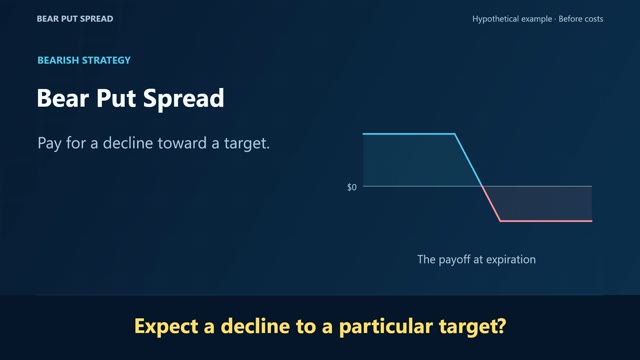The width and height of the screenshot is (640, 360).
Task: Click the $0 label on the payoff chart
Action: click(x=351, y=187)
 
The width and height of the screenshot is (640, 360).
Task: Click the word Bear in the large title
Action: click(x=63, y=98)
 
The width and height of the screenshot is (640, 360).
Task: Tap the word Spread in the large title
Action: click(x=184, y=99)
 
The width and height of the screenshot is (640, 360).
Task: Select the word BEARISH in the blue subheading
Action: click(x=58, y=60)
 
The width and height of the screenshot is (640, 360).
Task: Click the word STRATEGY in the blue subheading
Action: click(x=106, y=60)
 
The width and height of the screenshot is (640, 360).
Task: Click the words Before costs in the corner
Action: click(x=581, y=19)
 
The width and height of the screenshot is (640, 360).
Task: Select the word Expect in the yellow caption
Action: click(x=166, y=327)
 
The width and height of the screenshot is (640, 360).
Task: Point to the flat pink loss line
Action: click(x=546, y=221)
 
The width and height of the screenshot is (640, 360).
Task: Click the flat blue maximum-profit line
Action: click(x=409, y=133)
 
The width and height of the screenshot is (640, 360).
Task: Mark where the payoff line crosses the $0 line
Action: click(x=482, y=187)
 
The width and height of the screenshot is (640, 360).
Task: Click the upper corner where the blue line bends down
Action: click(x=455, y=134)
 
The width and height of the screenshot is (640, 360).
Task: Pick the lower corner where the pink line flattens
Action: click(x=500, y=221)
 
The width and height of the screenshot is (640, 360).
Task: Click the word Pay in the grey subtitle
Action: click(x=49, y=144)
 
